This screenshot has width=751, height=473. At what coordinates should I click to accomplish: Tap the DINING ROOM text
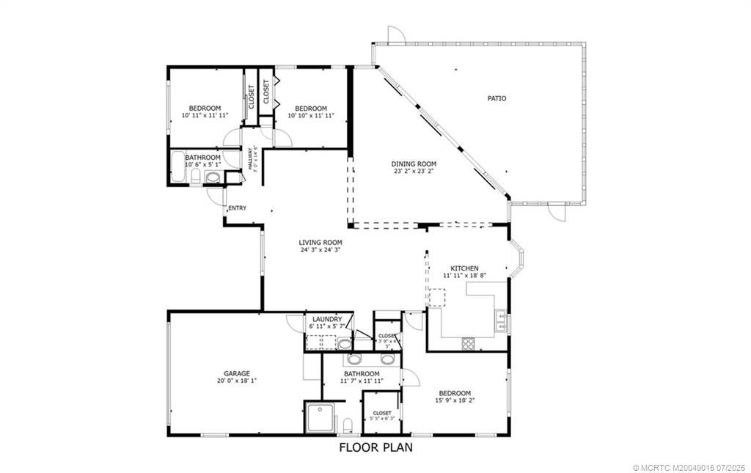tap(414, 164)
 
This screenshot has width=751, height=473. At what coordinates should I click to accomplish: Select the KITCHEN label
tap(464, 268)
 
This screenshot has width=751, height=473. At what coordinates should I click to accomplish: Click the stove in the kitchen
tap(468, 342)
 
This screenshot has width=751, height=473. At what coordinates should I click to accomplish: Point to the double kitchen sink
tap(500, 320)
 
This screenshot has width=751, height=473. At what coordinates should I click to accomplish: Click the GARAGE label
tap(236, 373)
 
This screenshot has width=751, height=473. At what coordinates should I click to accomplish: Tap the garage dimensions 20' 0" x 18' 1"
tap(236, 381)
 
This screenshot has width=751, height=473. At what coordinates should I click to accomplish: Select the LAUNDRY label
tap(326, 319)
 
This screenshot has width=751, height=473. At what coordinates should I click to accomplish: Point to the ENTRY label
tap(237, 208)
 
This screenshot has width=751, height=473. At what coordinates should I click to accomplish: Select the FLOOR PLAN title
tap(375, 447)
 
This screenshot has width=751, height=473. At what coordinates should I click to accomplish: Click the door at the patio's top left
tap(395, 34)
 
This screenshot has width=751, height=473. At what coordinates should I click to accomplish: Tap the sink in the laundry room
tap(345, 343)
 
